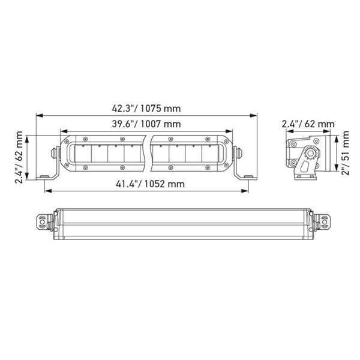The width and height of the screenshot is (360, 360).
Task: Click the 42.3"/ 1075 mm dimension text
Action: coord(146,109)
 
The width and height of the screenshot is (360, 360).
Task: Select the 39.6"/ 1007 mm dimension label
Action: coord(146,124)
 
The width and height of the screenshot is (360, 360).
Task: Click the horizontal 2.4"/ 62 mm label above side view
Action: coord(308,124)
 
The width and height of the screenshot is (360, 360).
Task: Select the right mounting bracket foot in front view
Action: coord(246,176)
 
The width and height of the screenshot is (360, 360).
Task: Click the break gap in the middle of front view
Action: coord(148,154)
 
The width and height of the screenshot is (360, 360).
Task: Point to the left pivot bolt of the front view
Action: coord(55,152)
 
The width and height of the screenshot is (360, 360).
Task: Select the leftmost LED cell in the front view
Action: coord(82,155)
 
